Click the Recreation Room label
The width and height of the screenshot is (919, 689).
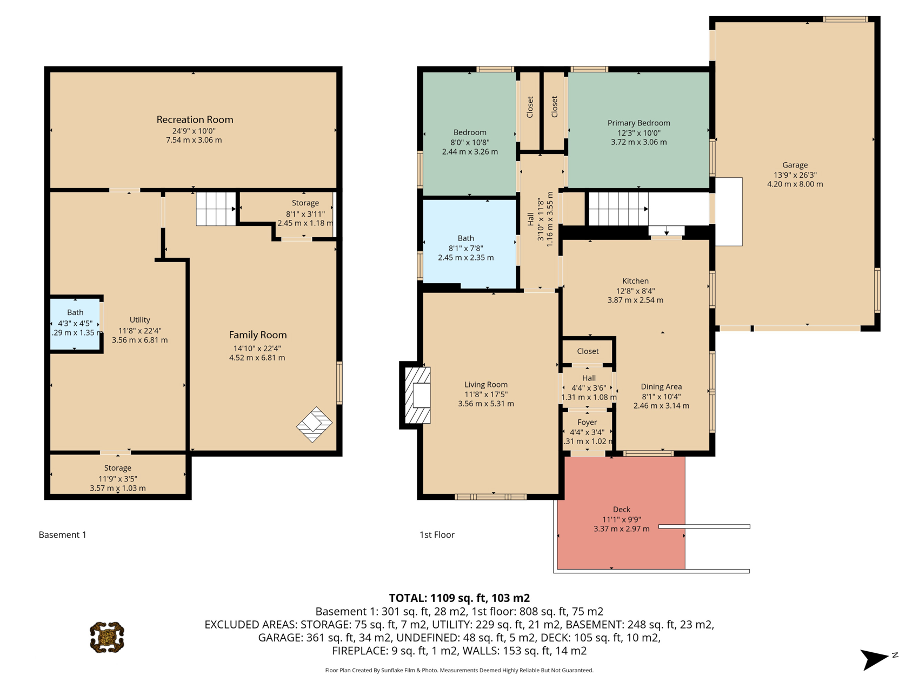(195, 119)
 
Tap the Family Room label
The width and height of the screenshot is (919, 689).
(257, 335)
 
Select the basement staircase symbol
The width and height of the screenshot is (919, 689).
(216, 209)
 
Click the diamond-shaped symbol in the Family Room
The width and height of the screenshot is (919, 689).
(314, 425)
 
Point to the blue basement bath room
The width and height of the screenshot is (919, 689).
(75, 324)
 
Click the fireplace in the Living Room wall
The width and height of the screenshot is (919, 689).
(418, 395)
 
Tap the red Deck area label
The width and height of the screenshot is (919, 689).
(622, 510)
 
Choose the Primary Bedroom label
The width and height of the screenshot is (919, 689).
(638, 123)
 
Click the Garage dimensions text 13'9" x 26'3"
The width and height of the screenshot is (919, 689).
(795, 175)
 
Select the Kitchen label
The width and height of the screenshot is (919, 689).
(635, 281)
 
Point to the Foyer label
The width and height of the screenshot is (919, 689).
(587, 422)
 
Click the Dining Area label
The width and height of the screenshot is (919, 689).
(661, 386)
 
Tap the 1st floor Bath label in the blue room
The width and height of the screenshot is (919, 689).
(466, 238)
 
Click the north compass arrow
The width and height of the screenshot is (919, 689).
(875, 659)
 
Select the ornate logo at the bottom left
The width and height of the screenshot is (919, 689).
(107, 638)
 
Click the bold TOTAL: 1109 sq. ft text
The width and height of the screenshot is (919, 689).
(459, 598)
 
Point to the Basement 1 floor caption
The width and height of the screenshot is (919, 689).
(63, 534)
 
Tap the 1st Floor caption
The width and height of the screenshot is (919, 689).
(437, 534)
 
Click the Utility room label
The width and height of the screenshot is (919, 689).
(139, 320)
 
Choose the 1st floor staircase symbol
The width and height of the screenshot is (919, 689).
(618, 209)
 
